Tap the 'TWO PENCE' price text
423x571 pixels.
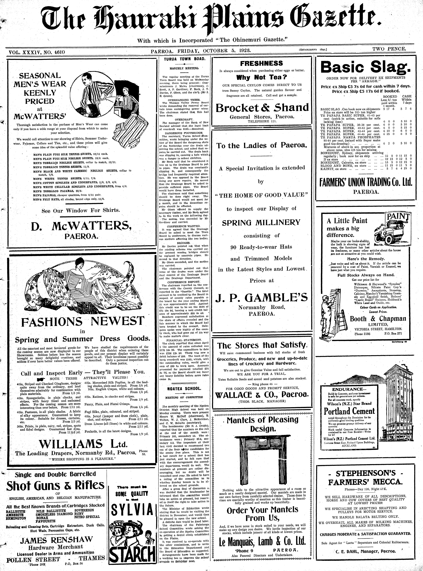[389, 49]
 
